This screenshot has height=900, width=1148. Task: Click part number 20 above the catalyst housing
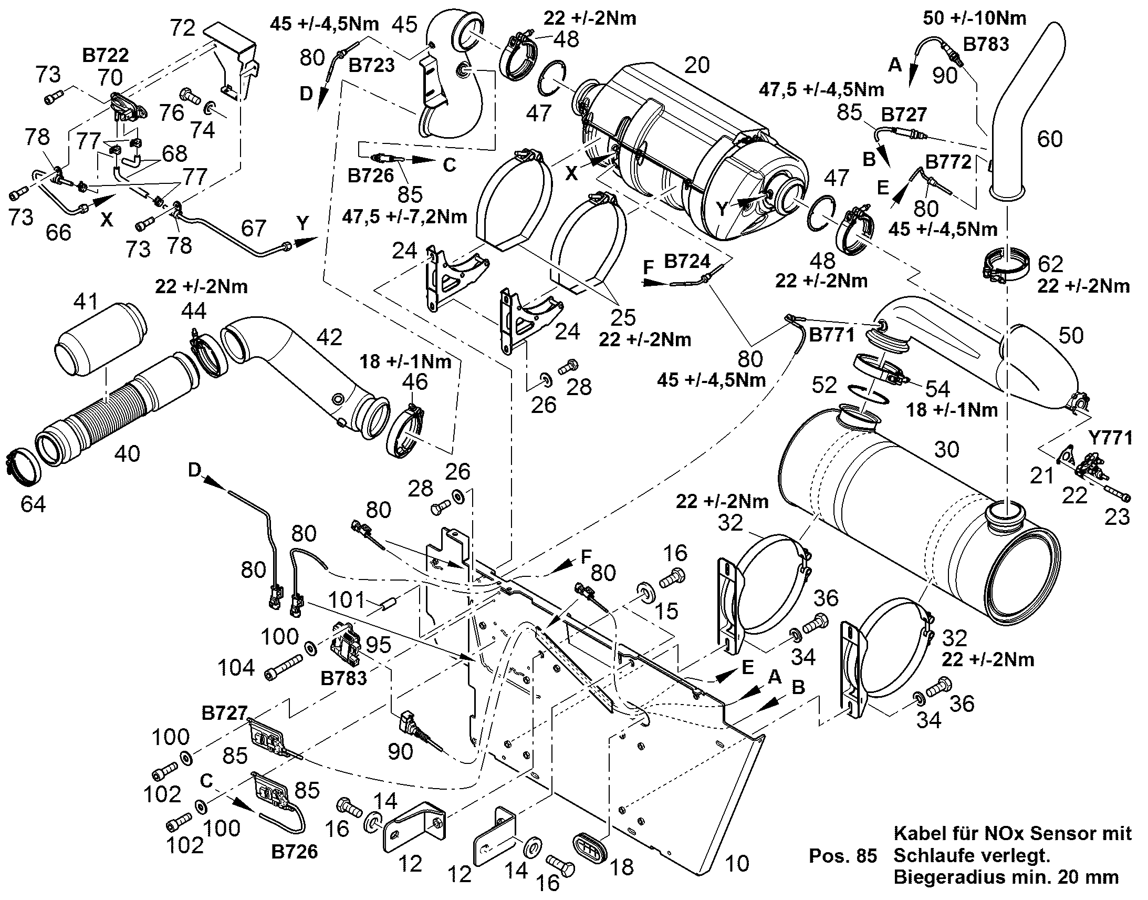click(697, 65)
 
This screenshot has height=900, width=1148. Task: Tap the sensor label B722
click(106, 55)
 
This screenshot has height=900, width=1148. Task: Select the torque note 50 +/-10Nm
click(975, 18)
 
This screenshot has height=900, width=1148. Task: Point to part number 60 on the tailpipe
click(1050, 139)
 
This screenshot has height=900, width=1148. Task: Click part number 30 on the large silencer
click(947, 449)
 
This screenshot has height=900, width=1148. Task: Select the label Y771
click(1110, 437)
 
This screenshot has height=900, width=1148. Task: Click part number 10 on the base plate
click(737, 863)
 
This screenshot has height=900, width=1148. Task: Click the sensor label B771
click(831, 334)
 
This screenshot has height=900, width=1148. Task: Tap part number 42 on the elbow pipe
click(330, 337)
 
